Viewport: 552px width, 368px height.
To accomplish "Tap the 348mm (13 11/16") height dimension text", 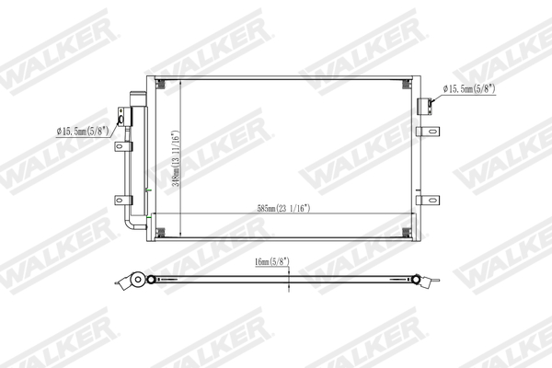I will point(176,159).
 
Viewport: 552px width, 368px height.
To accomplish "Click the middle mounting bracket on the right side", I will point(426,132).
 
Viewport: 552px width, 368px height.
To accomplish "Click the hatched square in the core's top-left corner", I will point(161,86).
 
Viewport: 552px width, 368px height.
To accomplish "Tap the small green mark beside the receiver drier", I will point(148,190).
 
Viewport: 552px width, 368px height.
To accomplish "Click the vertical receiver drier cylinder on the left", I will point(139,152).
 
